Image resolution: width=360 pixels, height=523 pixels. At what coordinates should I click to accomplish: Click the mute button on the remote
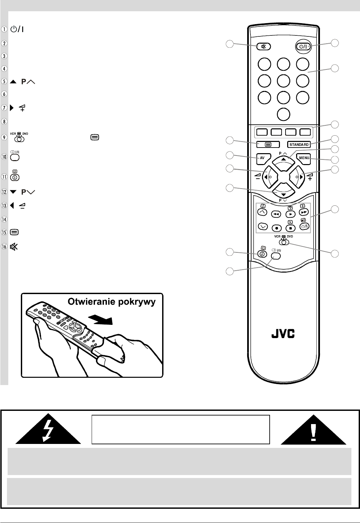click(x=264, y=46)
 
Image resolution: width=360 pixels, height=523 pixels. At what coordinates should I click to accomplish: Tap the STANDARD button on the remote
click(x=299, y=145)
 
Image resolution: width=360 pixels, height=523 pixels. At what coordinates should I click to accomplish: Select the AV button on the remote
click(x=262, y=158)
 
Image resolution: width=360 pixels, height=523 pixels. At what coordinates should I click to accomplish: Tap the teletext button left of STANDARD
click(x=268, y=145)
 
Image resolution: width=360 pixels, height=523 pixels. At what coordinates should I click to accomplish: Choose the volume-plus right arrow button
click(x=298, y=177)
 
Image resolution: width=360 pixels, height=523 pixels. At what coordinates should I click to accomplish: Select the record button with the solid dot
click(x=276, y=228)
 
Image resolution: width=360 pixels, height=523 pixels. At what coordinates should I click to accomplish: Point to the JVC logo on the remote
click(x=283, y=334)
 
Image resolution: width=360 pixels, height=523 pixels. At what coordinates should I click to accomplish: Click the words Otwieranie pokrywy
click(x=112, y=302)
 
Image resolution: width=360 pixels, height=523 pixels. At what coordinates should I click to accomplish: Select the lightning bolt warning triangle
click(x=48, y=429)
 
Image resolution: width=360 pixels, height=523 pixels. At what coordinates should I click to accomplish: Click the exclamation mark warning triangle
click(x=313, y=429)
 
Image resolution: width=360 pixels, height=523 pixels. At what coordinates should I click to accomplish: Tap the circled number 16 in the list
click(x=4, y=247)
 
